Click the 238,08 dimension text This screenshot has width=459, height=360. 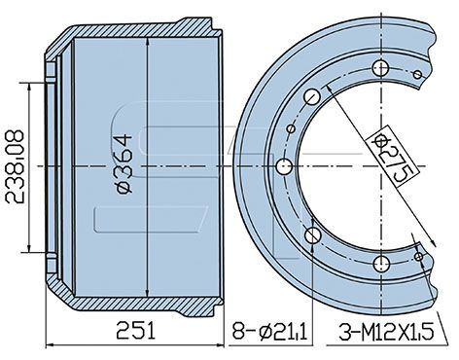[15, 166]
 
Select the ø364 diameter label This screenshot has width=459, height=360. [124, 164]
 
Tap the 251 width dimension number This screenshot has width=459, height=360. [136, 331]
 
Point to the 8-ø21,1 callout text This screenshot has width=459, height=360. [269, 331]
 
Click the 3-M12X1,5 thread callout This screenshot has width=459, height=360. [386, 332]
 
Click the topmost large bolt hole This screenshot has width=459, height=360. [380, 68]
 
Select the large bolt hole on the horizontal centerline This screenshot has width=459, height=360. [285, 166]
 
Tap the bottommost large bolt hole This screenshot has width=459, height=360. [380, 264]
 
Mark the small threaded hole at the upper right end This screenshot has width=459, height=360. [417, 75]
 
